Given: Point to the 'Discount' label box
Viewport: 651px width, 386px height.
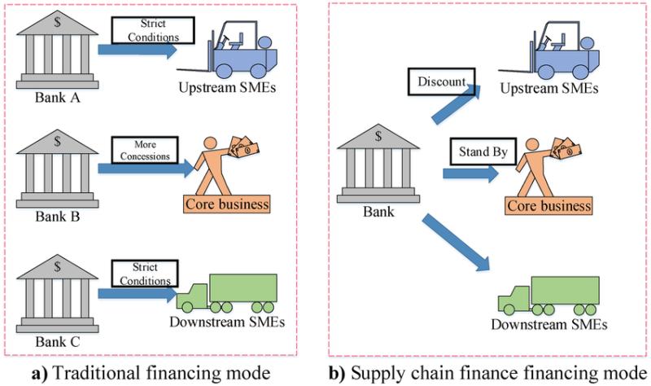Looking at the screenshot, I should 439,82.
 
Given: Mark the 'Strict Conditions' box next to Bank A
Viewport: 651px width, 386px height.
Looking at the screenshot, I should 153,29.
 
